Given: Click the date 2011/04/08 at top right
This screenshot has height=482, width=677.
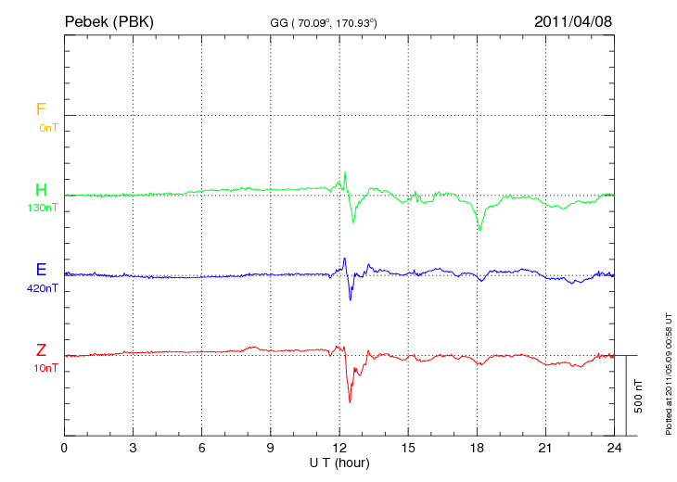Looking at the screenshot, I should pyautogui.click(x=572, y=21).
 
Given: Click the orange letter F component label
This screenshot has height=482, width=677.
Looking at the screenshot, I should pyautogui.click(x=41, y=110).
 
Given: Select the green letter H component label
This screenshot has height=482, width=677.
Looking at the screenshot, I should pyautogui.click(x=41, y=191).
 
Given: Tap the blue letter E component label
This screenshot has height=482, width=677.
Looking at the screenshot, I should pyautogui.click(x=41, y=271).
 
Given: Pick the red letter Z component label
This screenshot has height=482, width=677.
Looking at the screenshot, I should pyautogui.click(x=41, y=350).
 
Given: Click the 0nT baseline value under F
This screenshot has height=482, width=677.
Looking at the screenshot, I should pyautogui.click(x=47, y=128).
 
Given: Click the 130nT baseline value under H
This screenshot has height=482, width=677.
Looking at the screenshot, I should pyautogui.click(x=44, y=209).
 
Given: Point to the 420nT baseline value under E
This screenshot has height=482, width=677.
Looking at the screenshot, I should pyautogui.click(x=44, y=288).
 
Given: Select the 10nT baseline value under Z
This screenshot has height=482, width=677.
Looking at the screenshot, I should pyautogui.click(x=45, y=368).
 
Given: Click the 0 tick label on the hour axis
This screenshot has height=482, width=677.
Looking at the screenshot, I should pyautogui.click(x=64, y=449).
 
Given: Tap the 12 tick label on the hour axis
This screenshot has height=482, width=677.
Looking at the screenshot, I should pyautogui.click(x=339, y=449).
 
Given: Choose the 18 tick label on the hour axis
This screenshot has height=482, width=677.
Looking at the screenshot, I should pyautogui.click(x=478, y=449).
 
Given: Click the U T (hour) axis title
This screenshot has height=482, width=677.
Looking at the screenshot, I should pyautogui.click(x=338, y=462).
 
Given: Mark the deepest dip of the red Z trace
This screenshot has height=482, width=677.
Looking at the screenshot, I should pyautogui.click(x=350, y=401).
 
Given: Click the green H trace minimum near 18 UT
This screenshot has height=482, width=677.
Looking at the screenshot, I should pyautogui.click(x=479, y=230).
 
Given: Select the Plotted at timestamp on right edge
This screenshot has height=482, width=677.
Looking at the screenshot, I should pyautogui.click(x=668, y=372).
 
